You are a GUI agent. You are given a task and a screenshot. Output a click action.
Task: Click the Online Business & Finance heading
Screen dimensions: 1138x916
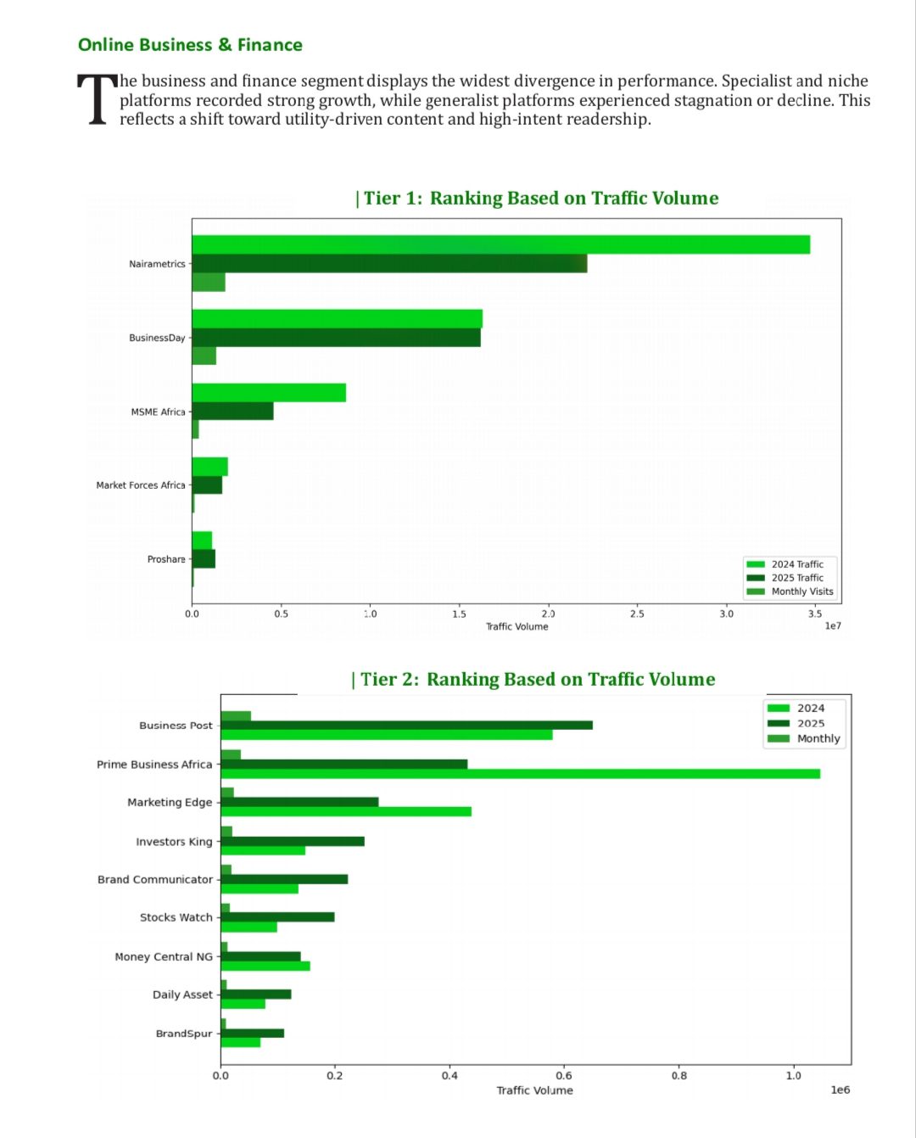point(190,45)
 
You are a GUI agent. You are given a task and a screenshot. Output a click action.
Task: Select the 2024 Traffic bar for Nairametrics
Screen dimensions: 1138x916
point(500,244)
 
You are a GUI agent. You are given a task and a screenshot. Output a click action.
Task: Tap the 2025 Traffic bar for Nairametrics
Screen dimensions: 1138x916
point(389,263)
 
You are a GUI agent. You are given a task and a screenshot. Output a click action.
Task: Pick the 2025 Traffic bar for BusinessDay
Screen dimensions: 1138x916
point(336,337)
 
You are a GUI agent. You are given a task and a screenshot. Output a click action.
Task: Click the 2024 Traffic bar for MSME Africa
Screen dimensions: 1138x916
point(269,393)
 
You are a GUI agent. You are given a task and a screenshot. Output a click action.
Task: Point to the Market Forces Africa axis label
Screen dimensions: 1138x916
point(140,485)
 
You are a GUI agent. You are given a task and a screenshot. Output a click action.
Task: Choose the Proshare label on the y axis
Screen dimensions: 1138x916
point(166,559)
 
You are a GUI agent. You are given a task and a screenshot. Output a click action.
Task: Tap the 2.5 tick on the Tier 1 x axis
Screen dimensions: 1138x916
point(637,614)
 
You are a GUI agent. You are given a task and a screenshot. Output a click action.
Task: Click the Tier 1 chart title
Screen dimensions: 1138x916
point(537,199)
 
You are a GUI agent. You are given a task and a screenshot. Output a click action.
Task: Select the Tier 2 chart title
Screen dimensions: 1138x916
point(533,680)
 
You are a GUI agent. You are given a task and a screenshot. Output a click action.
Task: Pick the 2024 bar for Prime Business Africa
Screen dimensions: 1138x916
point(520,774)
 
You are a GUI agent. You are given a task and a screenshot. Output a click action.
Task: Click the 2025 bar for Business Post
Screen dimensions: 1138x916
point(406,725)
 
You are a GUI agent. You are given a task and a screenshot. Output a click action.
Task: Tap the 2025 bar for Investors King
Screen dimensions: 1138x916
point(293,841)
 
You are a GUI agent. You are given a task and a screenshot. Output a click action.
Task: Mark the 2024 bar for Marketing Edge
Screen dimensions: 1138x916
point(346,812)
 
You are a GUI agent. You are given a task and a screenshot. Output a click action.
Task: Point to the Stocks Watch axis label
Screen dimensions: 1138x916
point(176,917)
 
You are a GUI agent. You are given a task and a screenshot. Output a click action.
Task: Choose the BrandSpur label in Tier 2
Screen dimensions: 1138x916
point(183,1034)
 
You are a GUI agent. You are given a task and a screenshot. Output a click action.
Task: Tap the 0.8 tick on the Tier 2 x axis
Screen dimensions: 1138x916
point(679,1075)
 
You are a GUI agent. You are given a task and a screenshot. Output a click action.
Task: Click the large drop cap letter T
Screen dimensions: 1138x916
point(97,99)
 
